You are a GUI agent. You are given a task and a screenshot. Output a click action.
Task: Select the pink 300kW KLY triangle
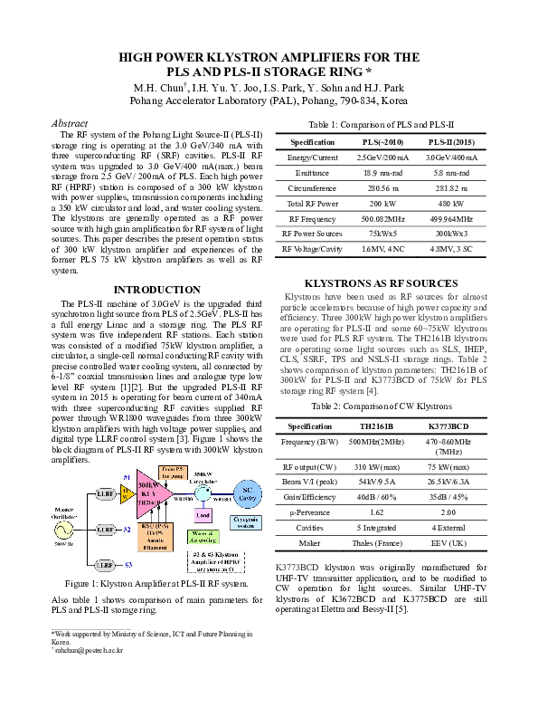click(150, 497)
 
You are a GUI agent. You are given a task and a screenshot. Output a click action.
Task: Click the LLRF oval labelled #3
click(104, 564)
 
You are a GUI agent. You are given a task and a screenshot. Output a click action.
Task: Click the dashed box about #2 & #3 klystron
click(217, 561)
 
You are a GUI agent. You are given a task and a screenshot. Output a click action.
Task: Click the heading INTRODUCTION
click(144, 290)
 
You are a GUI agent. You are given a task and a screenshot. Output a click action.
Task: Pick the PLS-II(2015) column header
click(452, 142)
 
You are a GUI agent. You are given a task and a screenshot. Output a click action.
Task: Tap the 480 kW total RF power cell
click(452, 206)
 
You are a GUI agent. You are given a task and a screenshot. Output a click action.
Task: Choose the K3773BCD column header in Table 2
click(448, 425)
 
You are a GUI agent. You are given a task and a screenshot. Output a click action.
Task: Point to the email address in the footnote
click(88, 649)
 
